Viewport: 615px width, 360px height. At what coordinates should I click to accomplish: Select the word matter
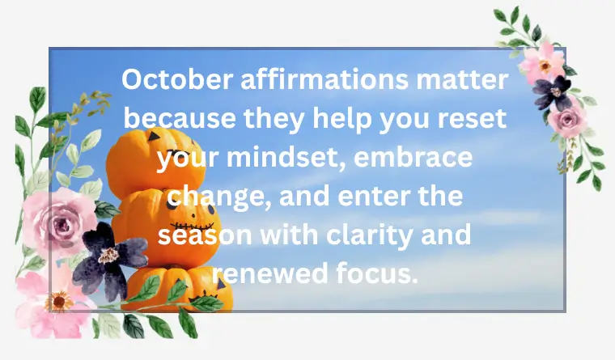pyautogui.click(x=469, y=80)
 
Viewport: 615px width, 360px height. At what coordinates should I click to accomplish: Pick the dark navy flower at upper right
pyautogui.click(x=553, y=91)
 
